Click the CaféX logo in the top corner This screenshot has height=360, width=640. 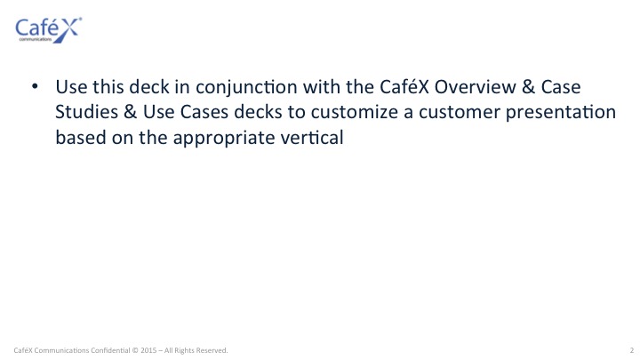pos(49,30)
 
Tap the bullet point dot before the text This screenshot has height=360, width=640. pos(35,86)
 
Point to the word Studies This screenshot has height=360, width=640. pos(86,112)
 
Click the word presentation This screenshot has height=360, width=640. pos(560,113)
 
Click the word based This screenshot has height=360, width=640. pos(80,137)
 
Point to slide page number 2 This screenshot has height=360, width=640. pos(631,350)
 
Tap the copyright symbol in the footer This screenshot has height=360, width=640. pos(135,350)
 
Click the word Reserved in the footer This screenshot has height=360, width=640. pos(212,350)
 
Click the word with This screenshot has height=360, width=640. pos(322,86)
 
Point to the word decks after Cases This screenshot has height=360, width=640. pos(258,112)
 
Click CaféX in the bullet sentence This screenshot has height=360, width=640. pos(404,86)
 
